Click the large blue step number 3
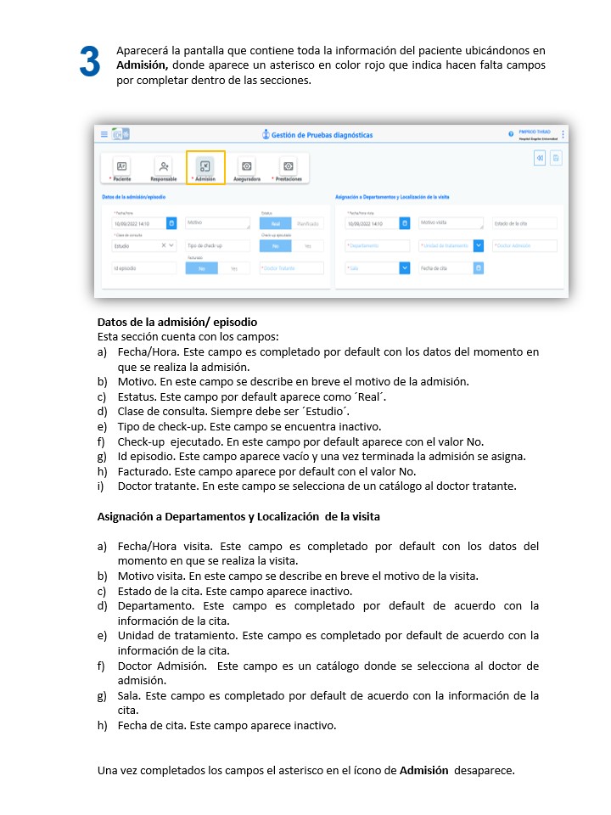pyautogui.click(x=90, y=63)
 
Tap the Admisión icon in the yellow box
pyautogui.click(x=205, y=166)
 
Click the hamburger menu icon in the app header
pyautogui.click(x=104, y=134)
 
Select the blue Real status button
pyautogui.click(x=275, y=223)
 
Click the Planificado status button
pyautogui.click(x=308, y=223)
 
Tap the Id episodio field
pyautogui.click(x=139, y=268)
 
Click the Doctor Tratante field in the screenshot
pyautogui.click(x=291, y=268)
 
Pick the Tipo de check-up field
pyautogui.click(x=218, y=245)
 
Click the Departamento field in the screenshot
pyautogui.click(x=377, y=245)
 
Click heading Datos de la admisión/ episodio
pyautogui.click(x=177, y=323)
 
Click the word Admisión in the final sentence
pyautogui.click(x=424, y=771)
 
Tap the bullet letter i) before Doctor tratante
pyautogui.click(x=102, y=486)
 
